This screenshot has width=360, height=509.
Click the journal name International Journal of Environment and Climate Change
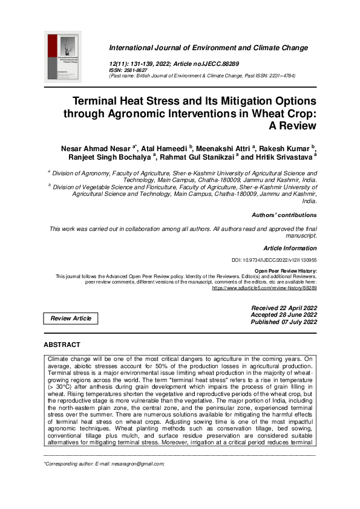click(208, 48)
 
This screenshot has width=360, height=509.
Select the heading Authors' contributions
click(284, 215)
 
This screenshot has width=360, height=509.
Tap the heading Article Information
click(290, 248)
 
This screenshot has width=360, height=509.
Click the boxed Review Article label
click(70, 319)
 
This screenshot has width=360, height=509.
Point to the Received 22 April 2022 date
click(284, 308)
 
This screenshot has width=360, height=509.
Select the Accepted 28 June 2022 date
click(284, 315)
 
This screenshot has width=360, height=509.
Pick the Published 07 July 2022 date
click(284, 322)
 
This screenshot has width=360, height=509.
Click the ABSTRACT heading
click(62, 345)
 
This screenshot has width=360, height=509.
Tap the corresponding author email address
click(133, 464)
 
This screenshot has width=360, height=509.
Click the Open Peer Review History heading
click(286, 270)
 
